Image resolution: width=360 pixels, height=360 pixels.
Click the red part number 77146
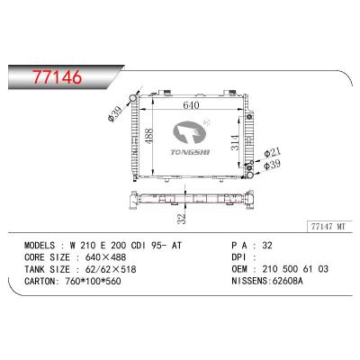57,77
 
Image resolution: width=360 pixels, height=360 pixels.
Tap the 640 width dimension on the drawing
191,105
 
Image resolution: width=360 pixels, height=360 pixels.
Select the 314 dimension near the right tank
235,142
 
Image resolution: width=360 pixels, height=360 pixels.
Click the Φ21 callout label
273,153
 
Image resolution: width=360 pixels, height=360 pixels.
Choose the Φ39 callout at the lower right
273,165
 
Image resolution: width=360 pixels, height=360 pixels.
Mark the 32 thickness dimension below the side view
182,218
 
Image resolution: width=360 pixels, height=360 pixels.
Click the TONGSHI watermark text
190,152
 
